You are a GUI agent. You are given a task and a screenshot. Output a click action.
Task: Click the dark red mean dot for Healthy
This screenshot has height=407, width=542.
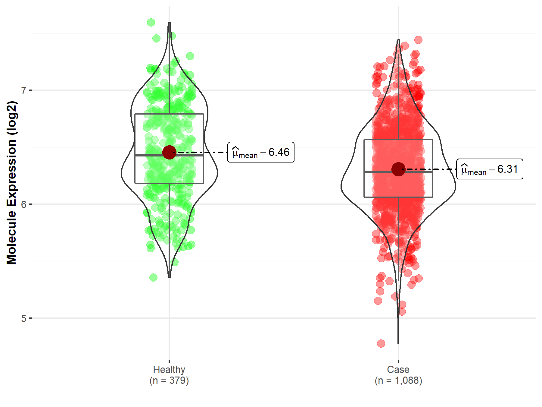point(169,152)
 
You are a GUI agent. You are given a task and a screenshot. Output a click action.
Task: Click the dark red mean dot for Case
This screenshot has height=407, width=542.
point(398,169)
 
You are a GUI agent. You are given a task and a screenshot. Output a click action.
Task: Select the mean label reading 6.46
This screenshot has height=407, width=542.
point(261,152)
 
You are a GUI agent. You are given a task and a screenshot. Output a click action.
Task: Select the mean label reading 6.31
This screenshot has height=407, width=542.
point(490,169)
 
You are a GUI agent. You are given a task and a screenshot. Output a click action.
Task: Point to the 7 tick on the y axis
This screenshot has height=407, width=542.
point(24,90)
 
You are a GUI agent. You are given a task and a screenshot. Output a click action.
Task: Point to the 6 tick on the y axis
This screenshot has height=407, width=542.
point(24,204)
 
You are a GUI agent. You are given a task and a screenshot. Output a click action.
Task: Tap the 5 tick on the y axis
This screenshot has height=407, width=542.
point(24,318)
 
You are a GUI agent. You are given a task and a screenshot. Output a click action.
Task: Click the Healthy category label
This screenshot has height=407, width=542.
point(169,369)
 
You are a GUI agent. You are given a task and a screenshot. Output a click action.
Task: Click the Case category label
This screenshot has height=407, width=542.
point(398,369)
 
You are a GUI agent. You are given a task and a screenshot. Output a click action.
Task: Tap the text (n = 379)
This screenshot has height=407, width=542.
point(169,380)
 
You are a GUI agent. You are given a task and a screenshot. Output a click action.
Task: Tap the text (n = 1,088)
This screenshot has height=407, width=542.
point(398,380)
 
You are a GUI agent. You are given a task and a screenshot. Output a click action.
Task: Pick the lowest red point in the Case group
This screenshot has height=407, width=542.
point(381,343)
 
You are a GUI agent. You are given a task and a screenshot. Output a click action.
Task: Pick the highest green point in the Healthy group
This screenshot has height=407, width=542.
point(151,22)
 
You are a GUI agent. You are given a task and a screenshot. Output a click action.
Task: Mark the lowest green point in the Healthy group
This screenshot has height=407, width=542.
point(153,277)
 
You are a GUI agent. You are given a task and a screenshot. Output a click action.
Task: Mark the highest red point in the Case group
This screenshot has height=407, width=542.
point(418,40)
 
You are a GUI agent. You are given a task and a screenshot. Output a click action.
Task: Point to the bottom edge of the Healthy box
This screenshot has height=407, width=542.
point(187,183)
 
